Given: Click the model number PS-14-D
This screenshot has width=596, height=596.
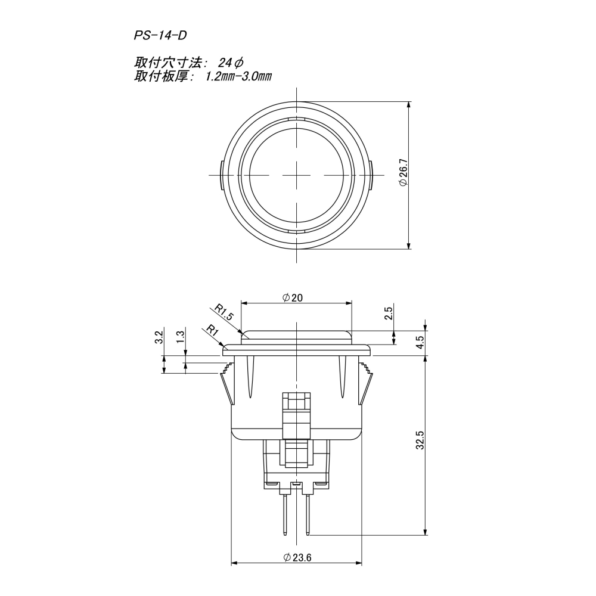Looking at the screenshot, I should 160,36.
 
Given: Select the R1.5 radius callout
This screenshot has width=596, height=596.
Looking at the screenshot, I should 224,311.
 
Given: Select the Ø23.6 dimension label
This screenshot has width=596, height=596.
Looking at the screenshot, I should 296,557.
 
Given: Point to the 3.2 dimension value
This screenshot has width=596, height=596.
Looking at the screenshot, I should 158,337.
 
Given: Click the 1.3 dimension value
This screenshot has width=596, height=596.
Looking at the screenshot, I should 180,337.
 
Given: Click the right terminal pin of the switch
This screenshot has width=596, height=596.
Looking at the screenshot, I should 308,513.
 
